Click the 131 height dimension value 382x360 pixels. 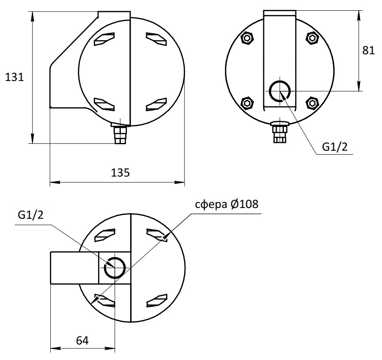coord(14,77)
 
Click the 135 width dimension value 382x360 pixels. coord(120,173)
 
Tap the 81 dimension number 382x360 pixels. coord(368,50)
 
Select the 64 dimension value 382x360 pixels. coord(82,341)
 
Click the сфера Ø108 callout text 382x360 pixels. coord(227,204)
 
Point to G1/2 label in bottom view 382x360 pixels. coord(31,215)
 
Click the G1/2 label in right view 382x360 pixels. coord(335,147)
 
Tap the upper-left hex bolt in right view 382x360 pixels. coord(247,38)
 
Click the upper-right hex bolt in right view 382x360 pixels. coord(312,38)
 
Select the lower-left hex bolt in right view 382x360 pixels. coord(247,103)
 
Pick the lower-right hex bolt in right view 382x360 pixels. coord(312,103)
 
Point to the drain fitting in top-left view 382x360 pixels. coord(120,133)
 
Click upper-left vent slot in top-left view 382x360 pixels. coord(104,39)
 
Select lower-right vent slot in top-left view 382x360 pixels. coord(157,104)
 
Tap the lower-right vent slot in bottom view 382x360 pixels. coord(157,301)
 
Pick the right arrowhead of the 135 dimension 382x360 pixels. coord(179,182)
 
